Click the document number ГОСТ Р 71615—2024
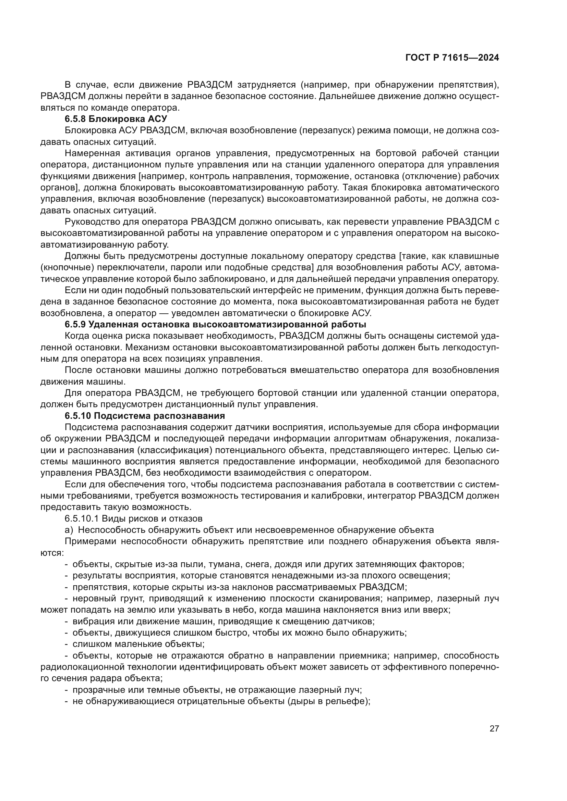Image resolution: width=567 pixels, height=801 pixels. [x=452, y=58]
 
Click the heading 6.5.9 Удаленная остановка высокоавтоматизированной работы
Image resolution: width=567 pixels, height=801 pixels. [x=215, y=324]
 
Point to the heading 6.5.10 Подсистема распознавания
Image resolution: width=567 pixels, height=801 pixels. [x=145, y=415]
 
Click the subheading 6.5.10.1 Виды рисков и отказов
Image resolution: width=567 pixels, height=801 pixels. [x=133, y=518]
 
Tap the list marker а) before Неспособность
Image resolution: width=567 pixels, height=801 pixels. [x=69, y=529]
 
